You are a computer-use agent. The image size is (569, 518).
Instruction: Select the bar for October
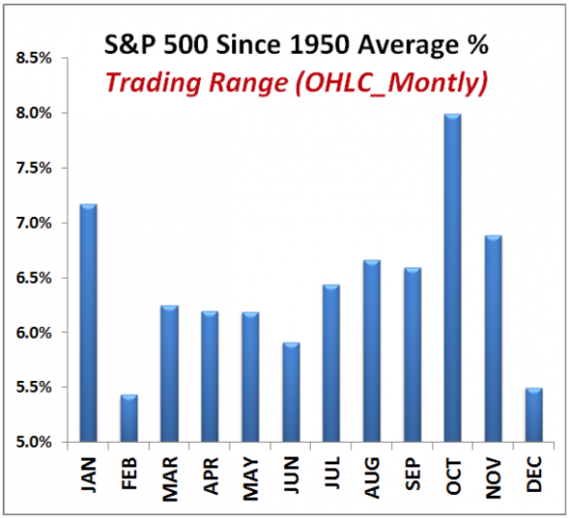[451, 278]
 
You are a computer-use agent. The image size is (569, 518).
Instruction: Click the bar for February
[128, 418]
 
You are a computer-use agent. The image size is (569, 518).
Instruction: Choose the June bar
[290, 392]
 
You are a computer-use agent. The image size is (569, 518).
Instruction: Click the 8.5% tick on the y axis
[35, 58]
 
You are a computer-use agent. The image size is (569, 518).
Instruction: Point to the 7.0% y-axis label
[35, 223]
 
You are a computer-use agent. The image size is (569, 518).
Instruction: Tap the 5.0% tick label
[35, 442]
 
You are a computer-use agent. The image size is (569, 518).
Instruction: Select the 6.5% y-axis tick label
[35, 278]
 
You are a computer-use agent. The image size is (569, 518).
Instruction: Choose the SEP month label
[411, 479]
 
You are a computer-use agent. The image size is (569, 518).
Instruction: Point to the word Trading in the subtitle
[148, 82]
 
